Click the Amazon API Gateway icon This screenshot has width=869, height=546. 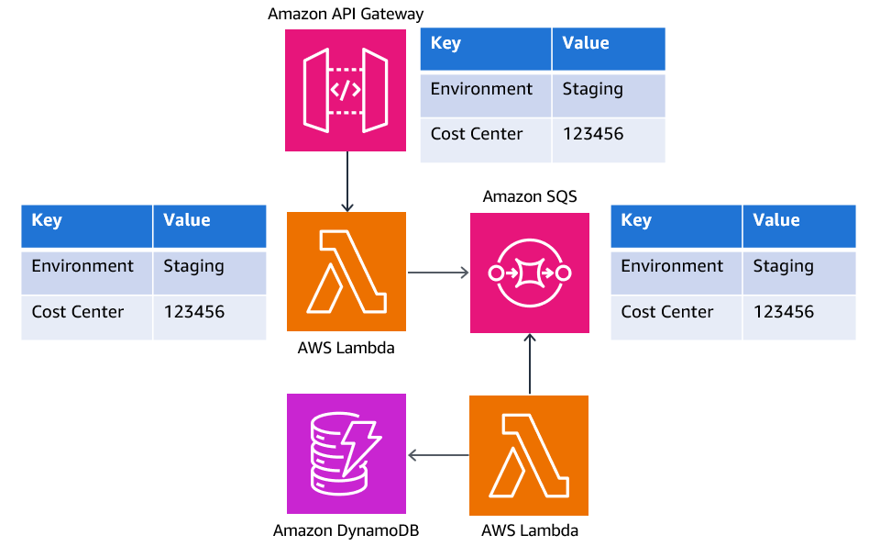point(346,90)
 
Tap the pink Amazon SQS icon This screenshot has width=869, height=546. point(530,273)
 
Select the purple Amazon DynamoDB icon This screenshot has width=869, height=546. point(346,453)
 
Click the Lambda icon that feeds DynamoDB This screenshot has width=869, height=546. point(529,455)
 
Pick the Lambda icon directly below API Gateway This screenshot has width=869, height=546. point(346,272)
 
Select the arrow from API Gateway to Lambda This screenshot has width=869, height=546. point(346,181)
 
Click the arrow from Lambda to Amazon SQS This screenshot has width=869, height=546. point(438,272)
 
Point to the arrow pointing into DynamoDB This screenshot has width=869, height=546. point(438,454)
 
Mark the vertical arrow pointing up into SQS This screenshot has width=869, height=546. point(530,364)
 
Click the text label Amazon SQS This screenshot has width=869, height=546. point(530,196)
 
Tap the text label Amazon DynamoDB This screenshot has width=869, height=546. point(346,530)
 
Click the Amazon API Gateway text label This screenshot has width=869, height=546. point(346,14)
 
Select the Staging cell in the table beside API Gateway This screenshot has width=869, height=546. point(592,89)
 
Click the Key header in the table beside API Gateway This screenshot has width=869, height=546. point(445,43)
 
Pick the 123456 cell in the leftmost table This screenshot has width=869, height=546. point(193,312)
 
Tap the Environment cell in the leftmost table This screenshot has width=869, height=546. point(82,266)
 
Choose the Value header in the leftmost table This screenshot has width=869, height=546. point(186,220)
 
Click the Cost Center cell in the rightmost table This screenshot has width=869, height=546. point(666,312)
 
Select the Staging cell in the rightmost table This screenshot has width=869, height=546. point(783,266)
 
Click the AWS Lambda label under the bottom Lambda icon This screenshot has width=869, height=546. point(530,530)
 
